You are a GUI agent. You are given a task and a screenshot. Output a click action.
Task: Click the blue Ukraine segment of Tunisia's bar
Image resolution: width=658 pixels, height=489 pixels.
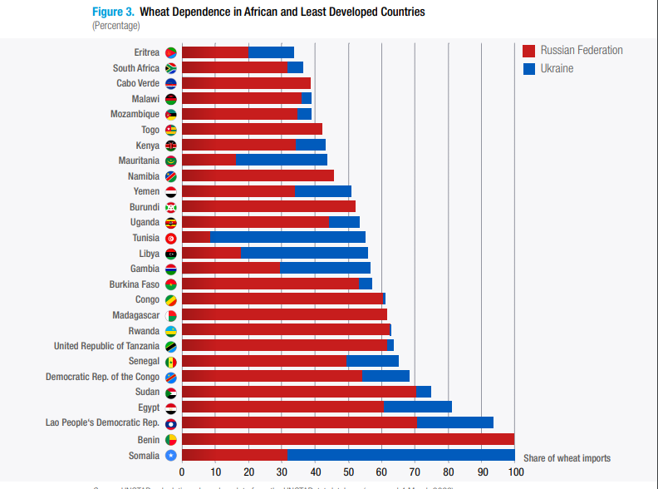287,238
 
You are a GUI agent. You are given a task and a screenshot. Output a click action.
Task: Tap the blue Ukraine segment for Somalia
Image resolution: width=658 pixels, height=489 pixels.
400,454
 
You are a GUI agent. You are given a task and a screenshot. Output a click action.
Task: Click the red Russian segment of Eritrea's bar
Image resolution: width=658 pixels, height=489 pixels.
215,52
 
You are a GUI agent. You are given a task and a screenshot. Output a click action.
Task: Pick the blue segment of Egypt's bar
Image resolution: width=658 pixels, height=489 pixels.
417,407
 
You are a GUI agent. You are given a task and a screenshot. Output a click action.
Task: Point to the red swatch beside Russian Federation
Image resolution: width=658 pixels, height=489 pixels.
528,51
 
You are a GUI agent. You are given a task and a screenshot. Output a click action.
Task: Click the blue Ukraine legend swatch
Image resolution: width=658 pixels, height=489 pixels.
528,69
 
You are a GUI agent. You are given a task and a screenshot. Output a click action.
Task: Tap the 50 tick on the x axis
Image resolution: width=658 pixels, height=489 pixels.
348,473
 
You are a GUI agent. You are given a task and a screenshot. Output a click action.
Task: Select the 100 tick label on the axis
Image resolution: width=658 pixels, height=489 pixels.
515,473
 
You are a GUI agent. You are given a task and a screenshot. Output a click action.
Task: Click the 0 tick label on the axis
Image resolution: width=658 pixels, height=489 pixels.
182,473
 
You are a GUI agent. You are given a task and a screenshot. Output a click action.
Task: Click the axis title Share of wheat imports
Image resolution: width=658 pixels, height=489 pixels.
567,458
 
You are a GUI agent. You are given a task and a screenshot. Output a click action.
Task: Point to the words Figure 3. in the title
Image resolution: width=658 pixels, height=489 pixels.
112,12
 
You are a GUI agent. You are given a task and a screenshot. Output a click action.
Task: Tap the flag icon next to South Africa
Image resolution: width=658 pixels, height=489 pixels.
171,68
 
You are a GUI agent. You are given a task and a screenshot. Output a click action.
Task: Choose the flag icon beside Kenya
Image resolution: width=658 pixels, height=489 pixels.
171,146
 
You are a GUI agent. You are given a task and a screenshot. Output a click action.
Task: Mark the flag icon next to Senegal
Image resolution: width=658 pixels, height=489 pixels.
171,362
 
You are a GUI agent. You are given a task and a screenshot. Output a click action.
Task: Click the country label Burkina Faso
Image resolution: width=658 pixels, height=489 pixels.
135,284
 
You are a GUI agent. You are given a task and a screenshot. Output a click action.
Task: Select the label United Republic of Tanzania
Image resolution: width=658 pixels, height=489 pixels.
106,346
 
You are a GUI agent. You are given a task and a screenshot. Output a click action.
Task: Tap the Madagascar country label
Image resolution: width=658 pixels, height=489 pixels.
135,315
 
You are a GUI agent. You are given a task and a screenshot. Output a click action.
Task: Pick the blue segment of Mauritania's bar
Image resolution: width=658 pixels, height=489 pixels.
281,161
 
